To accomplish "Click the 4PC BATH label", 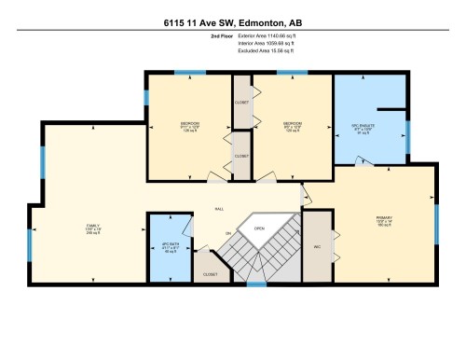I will pyautogui.click(x=170, y=247).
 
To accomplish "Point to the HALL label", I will pyautogui.click(x=219, y=208).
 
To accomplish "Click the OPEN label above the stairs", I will pyautogui.click(x=259, y=228).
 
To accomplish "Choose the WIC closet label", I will pyautogui.click(x=317, y=247).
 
